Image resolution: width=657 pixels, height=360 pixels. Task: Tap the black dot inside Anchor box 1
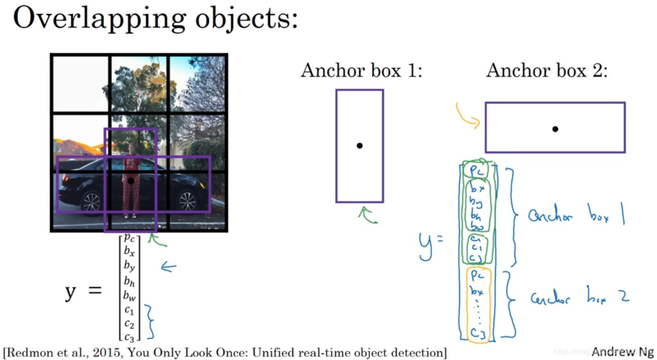click(x=359, y=146)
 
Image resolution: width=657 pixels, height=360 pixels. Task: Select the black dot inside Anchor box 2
click(x=555, y=129)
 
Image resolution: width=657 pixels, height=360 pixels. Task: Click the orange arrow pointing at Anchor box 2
click(x=468, y=116)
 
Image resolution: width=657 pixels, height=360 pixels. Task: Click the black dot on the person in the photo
click(x=131, y=180)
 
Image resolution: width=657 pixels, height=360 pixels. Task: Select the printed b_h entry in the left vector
click(x=130, y=281)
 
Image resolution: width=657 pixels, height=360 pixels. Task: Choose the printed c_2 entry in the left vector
click(x=130, y=323)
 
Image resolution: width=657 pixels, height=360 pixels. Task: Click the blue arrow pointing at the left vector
click(x=168, y=267)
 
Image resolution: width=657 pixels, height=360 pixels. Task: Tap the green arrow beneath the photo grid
click(x=157, y=240)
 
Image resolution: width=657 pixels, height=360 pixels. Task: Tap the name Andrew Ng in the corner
click(x=622, y=352)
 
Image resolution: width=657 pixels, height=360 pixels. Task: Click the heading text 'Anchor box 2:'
click(x=547, y=71)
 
